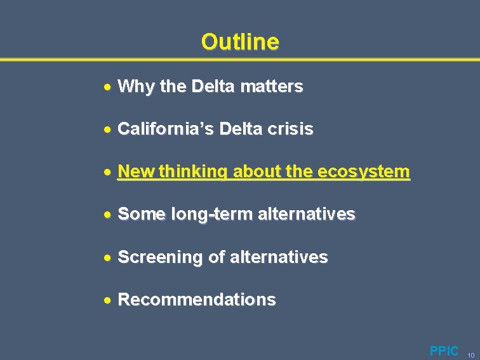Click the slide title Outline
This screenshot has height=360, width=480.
[240, 42]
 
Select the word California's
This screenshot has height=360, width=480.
[166, 130]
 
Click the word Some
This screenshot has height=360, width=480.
[142, 215]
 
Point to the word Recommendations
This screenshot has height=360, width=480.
[197, 300]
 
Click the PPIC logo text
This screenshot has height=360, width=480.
[444, 351]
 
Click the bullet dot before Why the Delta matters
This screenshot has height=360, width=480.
[109, 86]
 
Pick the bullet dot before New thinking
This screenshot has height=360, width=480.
[109, 172]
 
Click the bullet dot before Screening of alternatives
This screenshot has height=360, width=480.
[109, 258]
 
